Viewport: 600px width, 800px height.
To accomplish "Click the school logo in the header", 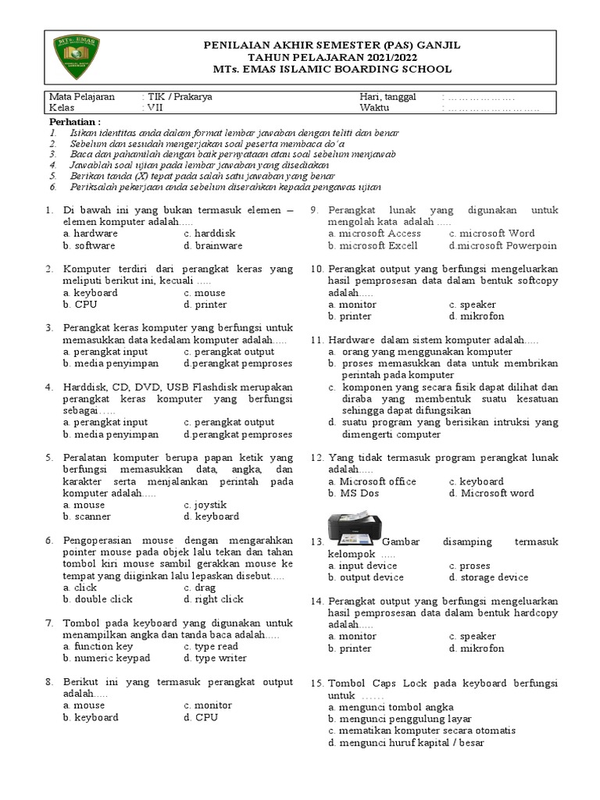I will coord(76,58).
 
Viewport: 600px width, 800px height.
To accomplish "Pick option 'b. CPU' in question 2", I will coord(80,305).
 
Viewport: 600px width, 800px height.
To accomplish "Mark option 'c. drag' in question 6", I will coord(200,587).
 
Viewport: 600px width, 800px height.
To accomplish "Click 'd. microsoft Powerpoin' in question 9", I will coord(502,245).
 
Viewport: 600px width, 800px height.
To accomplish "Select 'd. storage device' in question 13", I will coord(488,577).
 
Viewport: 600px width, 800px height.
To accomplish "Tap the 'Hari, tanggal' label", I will coord(387,97).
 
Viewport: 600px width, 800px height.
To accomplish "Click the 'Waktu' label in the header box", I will coord(374,109).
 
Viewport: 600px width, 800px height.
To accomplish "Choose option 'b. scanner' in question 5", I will coord(87,516).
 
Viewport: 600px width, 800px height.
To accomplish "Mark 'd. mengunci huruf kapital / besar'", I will coord(406,742).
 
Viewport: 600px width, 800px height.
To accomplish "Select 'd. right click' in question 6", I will coord(213,599).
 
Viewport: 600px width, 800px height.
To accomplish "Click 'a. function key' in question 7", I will coord(98,647).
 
